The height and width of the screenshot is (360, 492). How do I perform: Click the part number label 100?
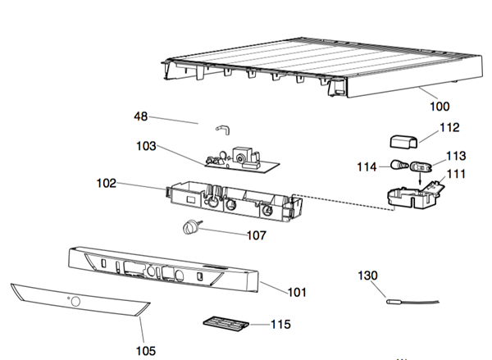click(x=440, y=107)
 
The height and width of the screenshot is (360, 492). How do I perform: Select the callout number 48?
click(x=140, y=116)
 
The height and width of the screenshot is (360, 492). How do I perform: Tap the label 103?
click(x=146, y=146)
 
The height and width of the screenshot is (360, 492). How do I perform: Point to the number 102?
click(x=107, y=184)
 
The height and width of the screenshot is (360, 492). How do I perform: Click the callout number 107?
click(x=257, y=235)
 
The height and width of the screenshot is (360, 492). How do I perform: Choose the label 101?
click(x=297, y=292)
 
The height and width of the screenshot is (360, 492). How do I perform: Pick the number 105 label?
click(x=146, y=351)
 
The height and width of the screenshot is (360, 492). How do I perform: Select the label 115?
click(x=280, y=324)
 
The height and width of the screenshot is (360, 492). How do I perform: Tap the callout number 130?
click(x=367, y=276)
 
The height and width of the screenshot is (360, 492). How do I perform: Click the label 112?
click(x=449, y=127)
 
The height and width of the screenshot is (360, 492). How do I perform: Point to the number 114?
click(x=367, y=167)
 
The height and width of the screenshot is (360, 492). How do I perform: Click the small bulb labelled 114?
click(x=399, y=165)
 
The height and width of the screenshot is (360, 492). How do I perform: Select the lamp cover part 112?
click(x=404, y=142)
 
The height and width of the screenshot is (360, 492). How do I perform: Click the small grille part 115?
click(x=226, y=324)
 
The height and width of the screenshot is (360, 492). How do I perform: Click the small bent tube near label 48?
click(x=223, y=130)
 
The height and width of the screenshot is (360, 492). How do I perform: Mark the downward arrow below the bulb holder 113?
click(x=420, y=178)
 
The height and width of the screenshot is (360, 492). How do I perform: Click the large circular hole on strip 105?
click(x=75, y=302)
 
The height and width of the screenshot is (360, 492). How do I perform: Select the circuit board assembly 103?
click(x=242, y=161)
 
